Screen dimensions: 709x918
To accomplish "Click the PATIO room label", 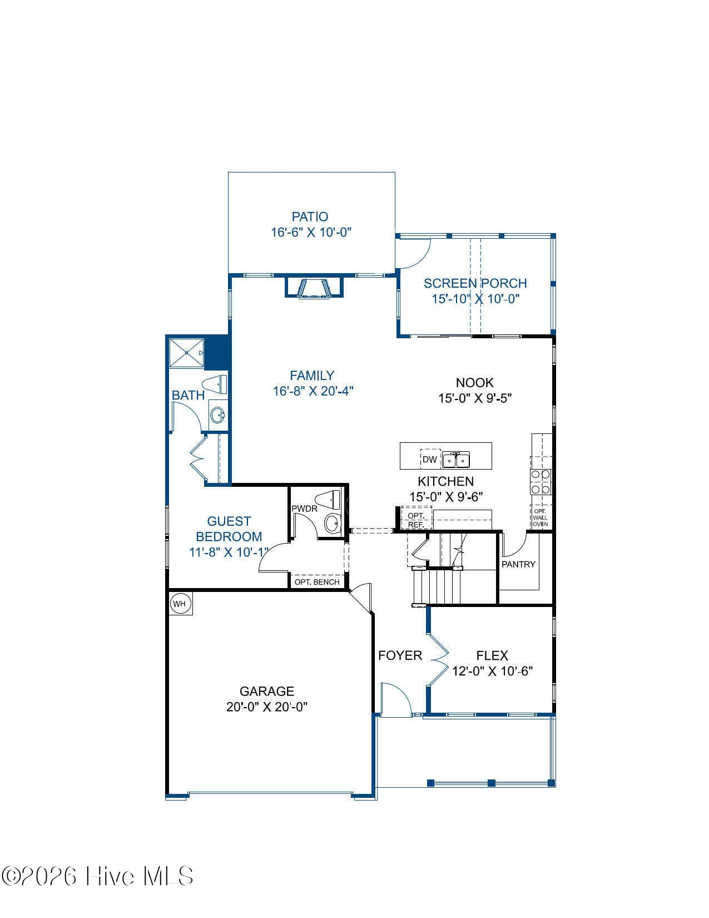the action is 310,217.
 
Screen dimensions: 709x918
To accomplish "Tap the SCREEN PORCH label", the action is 475,283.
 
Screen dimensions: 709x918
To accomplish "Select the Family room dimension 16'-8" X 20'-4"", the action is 313,391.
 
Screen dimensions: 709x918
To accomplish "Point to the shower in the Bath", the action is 187,353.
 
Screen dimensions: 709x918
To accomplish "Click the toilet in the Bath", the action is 215,384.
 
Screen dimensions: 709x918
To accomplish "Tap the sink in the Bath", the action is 218,415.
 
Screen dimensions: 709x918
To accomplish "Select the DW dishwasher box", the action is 430,459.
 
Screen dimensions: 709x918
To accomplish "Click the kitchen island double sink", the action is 456,459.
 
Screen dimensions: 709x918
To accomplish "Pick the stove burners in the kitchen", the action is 541,482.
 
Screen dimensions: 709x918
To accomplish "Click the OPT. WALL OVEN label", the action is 541,517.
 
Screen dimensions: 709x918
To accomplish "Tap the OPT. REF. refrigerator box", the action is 417,518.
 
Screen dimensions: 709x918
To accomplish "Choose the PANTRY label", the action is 518,564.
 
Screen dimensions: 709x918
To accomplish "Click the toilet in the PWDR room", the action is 328,500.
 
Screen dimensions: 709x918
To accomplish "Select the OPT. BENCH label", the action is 317,582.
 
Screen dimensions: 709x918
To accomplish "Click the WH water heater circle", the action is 180,604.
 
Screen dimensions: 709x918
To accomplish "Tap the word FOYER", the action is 400,655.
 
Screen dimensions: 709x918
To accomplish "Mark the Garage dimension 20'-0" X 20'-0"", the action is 266,707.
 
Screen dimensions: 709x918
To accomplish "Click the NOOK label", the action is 475,383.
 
